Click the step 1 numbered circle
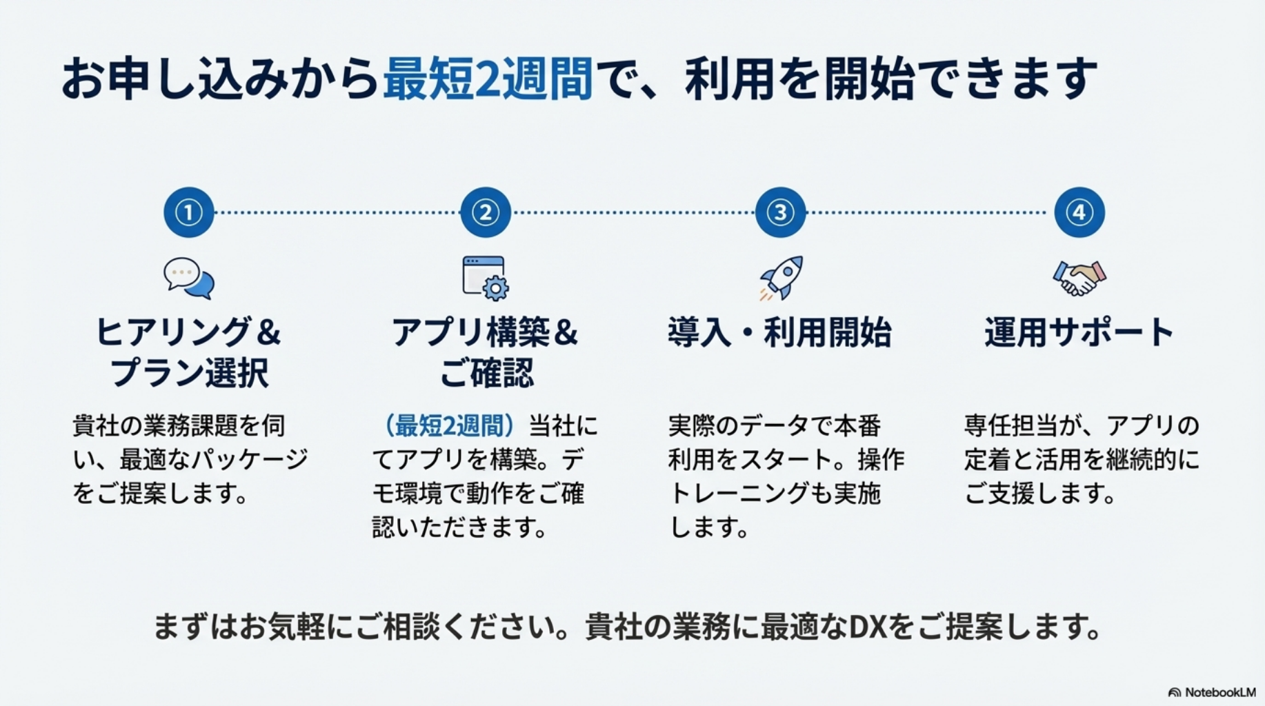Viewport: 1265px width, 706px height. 189,212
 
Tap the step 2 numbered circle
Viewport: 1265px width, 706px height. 486,212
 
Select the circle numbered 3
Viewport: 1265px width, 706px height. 781,212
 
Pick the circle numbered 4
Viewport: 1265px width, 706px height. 1079,212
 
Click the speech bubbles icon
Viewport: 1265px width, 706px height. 189,279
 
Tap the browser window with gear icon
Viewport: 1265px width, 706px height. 486,279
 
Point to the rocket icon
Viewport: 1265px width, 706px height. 782,278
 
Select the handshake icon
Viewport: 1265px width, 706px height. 1079,278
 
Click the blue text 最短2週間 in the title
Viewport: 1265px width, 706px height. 488,79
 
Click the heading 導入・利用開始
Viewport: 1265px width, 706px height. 780,332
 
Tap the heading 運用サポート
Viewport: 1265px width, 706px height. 1079,332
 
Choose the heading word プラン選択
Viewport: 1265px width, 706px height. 190,373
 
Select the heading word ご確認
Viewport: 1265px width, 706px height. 486,373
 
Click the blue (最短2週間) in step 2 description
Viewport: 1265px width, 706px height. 449,425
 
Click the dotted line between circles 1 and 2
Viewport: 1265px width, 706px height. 337,212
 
